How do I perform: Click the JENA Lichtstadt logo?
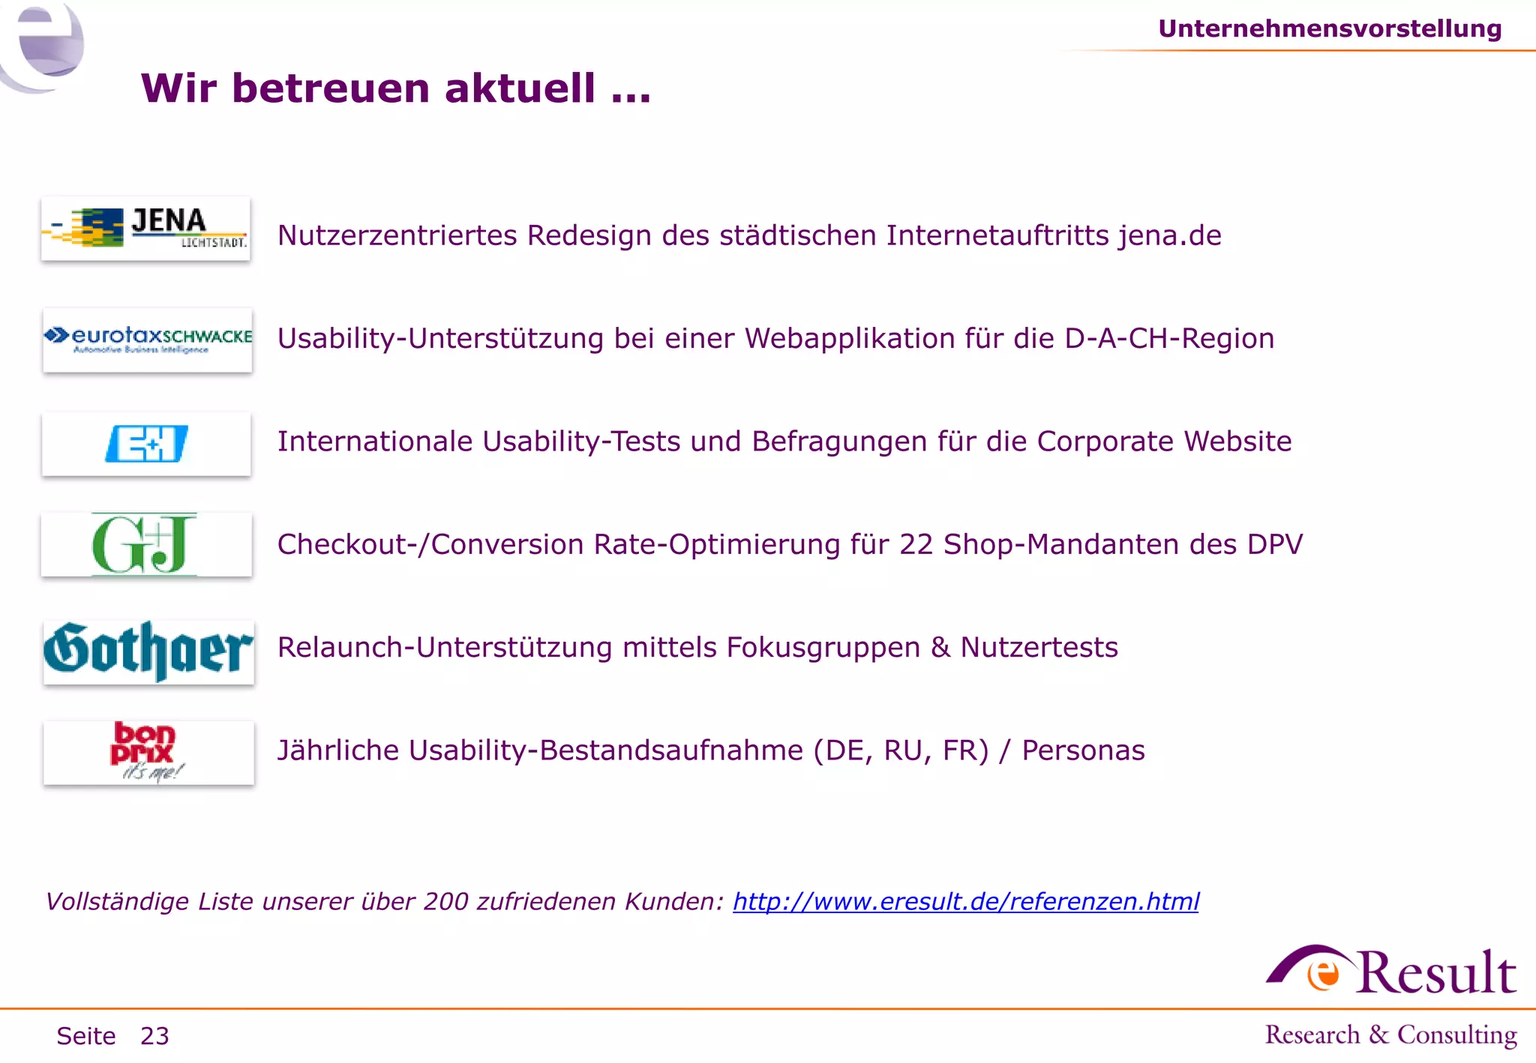click(x=145, y=229)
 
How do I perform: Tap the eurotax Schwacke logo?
click(x=148, y=340)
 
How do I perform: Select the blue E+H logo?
click(x=146, y=444)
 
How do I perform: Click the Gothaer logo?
click(x=148, y=651)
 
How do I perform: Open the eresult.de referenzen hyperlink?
click(x=966, y=901)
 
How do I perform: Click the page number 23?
click(x=154, y=1036)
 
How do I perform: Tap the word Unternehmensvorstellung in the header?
click(x=1330, y=28)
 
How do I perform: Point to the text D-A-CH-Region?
click(x=1169, y=339)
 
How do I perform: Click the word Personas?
click(x=1083, y=750)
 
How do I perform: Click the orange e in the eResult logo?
click(x=1324, y=974)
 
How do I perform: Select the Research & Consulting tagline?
click(x=1391, y=1035)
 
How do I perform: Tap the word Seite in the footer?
click(x=86, y=1036)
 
